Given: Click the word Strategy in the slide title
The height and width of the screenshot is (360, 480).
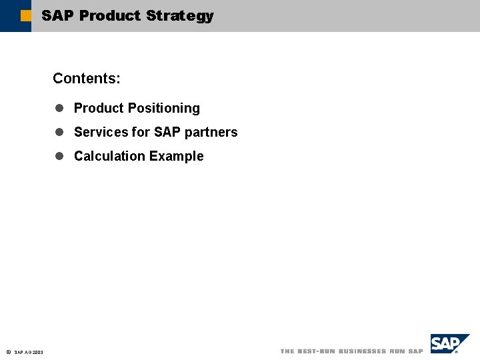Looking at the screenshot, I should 179,16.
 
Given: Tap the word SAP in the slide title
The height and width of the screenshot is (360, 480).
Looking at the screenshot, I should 57,16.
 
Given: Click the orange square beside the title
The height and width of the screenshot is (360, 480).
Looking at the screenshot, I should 25,15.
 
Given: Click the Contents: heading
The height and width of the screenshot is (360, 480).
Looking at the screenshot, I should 87,79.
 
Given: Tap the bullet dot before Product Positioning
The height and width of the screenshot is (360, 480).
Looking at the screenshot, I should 59,108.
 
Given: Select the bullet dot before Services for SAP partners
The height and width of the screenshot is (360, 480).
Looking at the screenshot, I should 59,132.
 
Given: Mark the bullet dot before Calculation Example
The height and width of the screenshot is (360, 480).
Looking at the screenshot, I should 59,156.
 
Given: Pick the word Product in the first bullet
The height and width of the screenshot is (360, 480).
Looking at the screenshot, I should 99,108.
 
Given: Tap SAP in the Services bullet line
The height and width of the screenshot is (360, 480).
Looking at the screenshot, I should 167,132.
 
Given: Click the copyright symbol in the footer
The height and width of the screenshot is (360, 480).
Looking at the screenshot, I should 7,352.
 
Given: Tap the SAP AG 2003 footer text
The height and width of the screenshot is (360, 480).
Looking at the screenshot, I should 29,352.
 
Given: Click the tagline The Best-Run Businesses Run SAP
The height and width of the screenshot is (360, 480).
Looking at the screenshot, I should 351,351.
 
